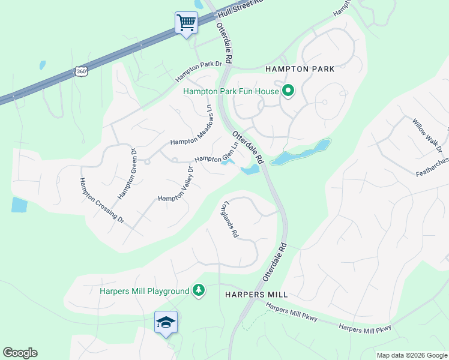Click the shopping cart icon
pyautogui.click(x=186, y=23)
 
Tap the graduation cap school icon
pyautogui.click(x=166, y=322)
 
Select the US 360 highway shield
pyautogui.click(x=81, y=71)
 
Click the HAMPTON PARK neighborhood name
pyautogui.click(x=300, y=69)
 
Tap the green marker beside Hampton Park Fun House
pyautogui.click(x=288, y=91)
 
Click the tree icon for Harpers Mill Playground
pyautogui.click(x=199, y=291)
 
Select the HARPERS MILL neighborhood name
pyautogui.click(x=257, y=295)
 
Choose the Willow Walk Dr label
pyautogui.click(x=427, y=134)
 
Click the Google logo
pyautogui.click(x=20, y=353)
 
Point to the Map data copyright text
pyautogui.click(x=411, y=355)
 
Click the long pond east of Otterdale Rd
pyautogui.click(x=301, y=153)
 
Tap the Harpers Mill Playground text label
pyautogui.click(x=144, y=292)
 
